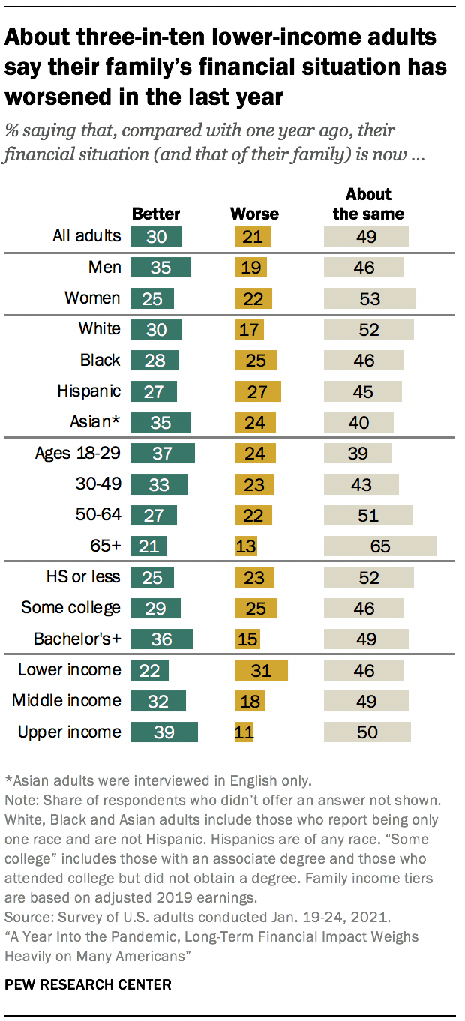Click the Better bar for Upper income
click(163, 732)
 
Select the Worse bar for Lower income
click(261, 670)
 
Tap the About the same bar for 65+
click(379, 546)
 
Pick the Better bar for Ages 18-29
click(162, 454)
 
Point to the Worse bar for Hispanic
click(257, 391)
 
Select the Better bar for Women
click(152, 298)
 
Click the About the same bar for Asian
click(358, 423)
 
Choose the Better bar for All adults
click(156, 237)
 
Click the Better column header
click(156, 214)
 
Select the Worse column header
click(254, 214)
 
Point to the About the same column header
click(368, 204)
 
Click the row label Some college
click(70, 607)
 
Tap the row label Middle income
click(66, 700)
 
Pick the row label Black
click(100, 360)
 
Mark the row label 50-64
click(96, 514)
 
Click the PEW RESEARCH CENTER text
click(88, 984)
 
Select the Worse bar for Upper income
click(244, 732)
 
